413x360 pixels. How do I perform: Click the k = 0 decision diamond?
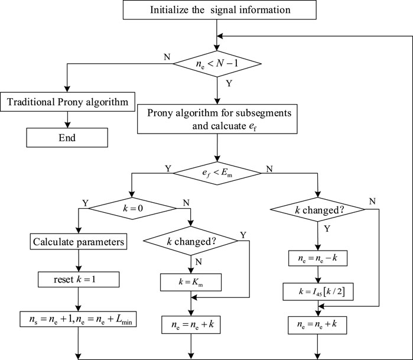129,208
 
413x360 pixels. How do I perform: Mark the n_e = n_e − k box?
318,258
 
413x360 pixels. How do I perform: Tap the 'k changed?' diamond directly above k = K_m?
190,241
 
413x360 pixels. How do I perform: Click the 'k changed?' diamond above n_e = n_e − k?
318,210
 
